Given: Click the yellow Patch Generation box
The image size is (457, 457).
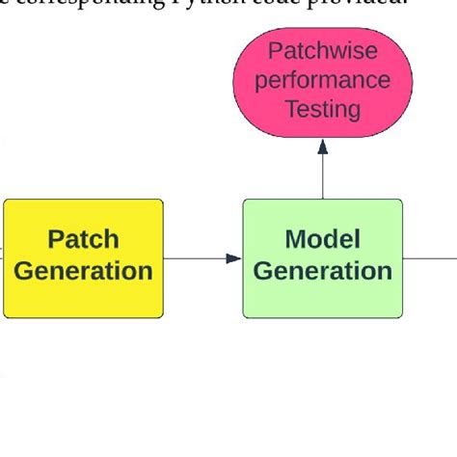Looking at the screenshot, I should (x=83, y=257).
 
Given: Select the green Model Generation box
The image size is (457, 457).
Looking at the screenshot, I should (x=322, y=257).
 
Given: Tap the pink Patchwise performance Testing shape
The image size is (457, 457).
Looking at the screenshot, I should (x=323, y=81).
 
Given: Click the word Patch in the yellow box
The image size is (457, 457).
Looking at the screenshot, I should (x=83, y=240).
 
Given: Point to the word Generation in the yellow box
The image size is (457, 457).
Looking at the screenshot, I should (x=83, y=272).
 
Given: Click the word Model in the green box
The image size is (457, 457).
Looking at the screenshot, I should (x=322, y=240).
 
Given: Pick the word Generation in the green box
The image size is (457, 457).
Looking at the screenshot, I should (x=322, y=272).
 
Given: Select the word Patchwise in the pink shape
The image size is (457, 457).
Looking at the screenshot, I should (x=323, y=51).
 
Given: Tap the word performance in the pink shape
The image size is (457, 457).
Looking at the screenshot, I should (x=323, y=80).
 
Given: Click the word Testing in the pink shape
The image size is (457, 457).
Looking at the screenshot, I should (x=323, y=109).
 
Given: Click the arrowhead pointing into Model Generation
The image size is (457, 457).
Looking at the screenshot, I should (x=233, y=258).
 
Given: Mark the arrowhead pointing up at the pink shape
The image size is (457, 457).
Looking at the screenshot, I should (x=323, y=147).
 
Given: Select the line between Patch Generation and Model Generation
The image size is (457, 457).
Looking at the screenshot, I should (x=198, y=258).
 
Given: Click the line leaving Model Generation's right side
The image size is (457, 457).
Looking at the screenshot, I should (x=430, y=258).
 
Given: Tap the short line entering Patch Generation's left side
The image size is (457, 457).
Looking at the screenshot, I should (x=2, y=258).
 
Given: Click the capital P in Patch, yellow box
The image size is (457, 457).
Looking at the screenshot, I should (x=56, y=240).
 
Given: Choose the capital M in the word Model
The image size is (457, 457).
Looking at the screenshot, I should (x=295, y=240).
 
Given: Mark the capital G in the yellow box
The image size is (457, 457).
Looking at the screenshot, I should (x=24, y=272).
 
